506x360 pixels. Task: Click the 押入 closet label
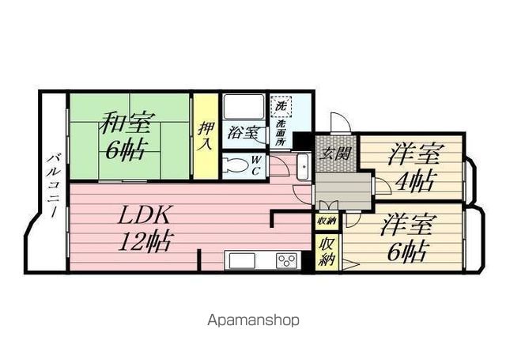(206, 135)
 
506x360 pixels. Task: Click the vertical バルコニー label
(53, 185)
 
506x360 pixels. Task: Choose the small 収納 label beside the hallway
(326, 222)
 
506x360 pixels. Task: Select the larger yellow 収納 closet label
(326, 252)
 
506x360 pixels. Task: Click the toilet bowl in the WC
(236, 166)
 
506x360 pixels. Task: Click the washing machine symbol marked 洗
(282, 104)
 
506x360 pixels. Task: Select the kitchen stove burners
(286, 260)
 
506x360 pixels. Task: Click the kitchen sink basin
(241, 260)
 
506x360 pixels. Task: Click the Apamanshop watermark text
(253, 320)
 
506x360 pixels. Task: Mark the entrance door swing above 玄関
(338, 123)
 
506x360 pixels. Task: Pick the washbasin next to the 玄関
(304, 166)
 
